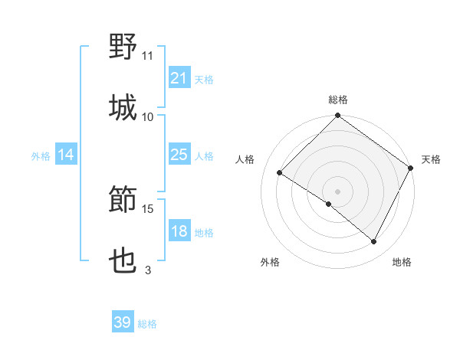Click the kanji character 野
click(123, 47)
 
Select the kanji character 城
click(123, 108)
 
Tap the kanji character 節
click(123, 201)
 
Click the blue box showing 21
click(179, 78)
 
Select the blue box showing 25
click(179, 155)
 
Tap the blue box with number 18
click(179, 232)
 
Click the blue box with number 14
click(66, 155)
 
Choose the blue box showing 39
click(123, 322)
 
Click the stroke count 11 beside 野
click(148, 55)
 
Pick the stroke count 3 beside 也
click(148, 270)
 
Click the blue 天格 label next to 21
click(204, 79)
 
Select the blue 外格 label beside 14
click(41, 155)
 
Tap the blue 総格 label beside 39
click(148, 324)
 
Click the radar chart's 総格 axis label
click(338, 100)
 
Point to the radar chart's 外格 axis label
click(270, 262)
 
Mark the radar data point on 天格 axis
click(410, 168)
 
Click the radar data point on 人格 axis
click(281, 173)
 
